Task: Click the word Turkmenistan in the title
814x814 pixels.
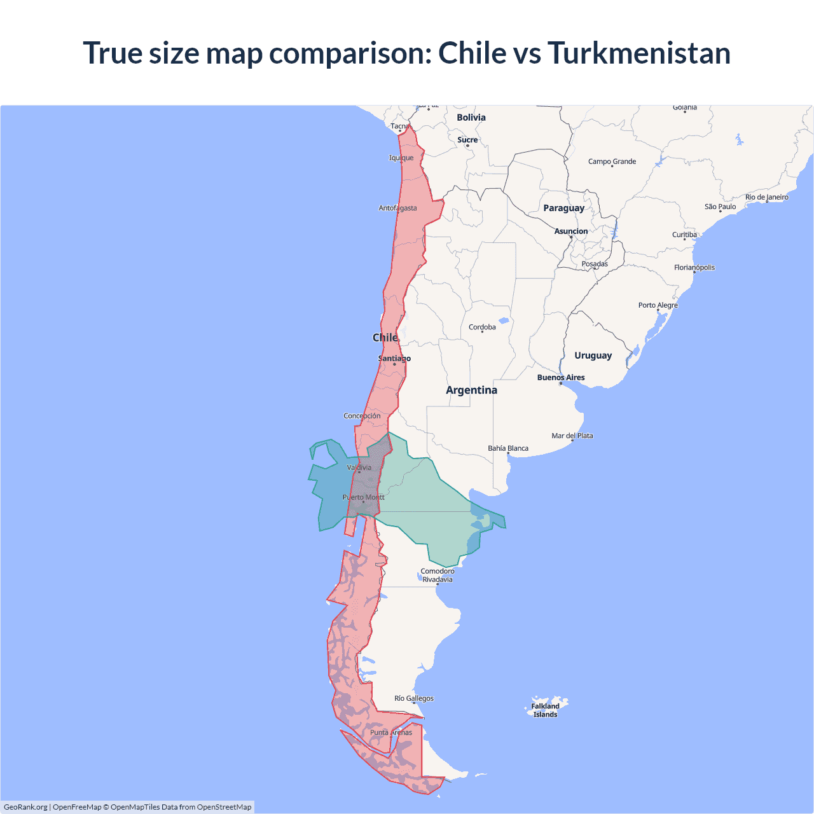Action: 638,53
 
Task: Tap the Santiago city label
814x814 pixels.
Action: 394,359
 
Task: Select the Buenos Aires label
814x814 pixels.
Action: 561,377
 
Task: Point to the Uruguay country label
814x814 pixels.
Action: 593,355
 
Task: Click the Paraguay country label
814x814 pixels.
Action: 563,208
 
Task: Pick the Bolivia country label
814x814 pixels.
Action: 471,118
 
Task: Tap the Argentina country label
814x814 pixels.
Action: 471,390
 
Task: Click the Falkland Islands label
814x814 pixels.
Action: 545,710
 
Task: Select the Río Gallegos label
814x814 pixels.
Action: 414,698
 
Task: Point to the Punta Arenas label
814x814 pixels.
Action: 391,733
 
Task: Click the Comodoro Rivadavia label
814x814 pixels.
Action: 438,575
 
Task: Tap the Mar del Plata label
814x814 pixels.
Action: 572,436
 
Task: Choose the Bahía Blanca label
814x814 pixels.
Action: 508,448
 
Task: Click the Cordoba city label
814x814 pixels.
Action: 482,327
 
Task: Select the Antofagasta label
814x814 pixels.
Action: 398,208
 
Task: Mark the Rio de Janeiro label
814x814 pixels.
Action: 766,197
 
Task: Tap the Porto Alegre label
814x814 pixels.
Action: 658,305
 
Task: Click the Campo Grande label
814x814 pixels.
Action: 612,162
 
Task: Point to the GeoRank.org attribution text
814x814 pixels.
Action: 25,807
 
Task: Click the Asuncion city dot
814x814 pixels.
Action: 571,237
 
